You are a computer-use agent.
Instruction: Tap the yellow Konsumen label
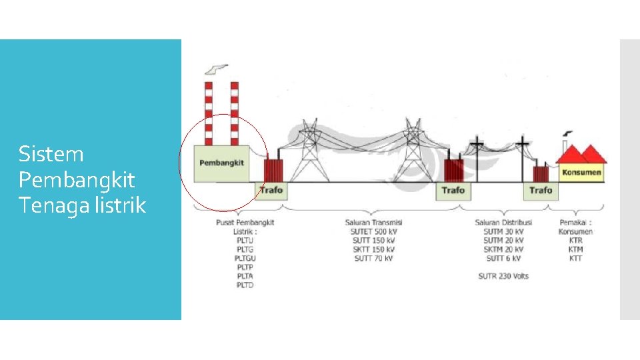[581, 173]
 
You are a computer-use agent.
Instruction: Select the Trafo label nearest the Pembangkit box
[271, 190]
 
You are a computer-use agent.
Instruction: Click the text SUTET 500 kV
[373, 231]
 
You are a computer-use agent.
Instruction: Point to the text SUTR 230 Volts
[503, 276]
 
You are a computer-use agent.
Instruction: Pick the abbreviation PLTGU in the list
[245, 258]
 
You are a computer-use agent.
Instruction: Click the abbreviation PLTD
[245, 285]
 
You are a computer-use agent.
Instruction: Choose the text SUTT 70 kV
[373, 258]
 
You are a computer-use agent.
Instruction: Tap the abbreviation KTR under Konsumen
[575, 240]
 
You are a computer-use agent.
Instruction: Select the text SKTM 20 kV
[503, 249]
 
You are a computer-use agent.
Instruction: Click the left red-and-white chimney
[209, 113]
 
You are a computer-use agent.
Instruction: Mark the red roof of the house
[581, 155]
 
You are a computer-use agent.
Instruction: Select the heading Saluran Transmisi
[373, 222]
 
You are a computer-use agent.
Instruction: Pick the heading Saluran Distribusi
[503, 222]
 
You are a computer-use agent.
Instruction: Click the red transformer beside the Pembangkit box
[272, 170]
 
